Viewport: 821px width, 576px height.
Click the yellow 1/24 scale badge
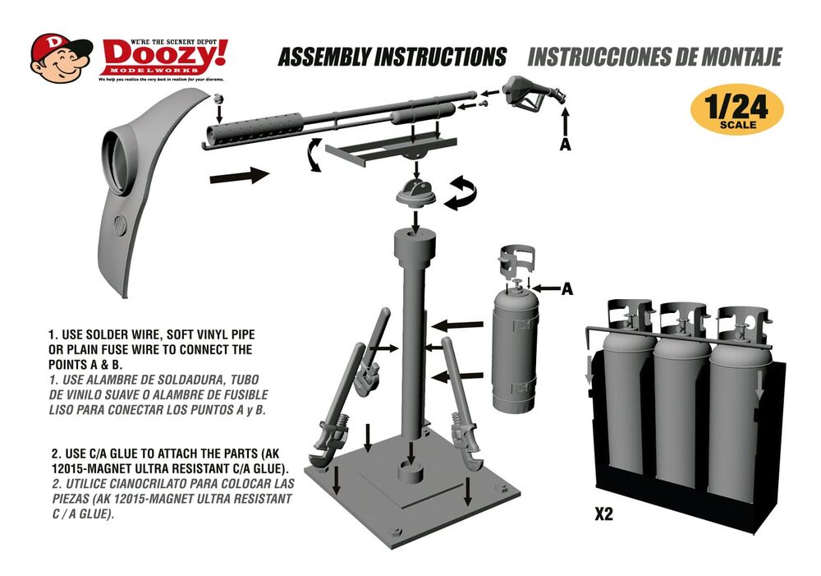click(736, 112)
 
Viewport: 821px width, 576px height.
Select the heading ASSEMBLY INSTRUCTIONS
click(392, 58)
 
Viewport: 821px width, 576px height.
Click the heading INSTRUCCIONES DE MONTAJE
click(654, 58)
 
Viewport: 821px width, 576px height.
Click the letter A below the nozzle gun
click(565, 145)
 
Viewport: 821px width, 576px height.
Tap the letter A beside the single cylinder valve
click(566, 289)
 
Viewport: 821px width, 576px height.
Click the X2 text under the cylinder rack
click(603, 515)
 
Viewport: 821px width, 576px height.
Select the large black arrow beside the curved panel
click(240, 174)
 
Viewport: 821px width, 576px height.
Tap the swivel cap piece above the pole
click(419, 196)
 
